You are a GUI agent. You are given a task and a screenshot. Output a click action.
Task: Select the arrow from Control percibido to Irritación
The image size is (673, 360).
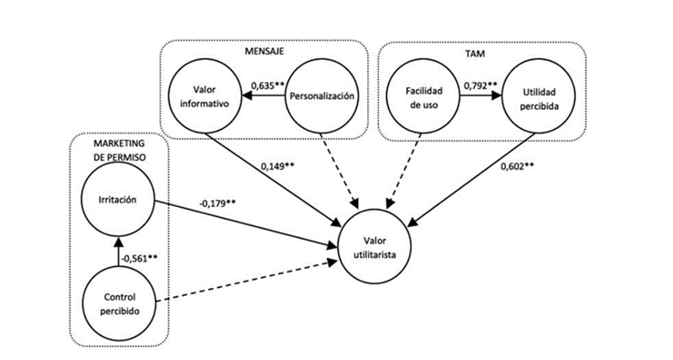pos(119,250)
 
